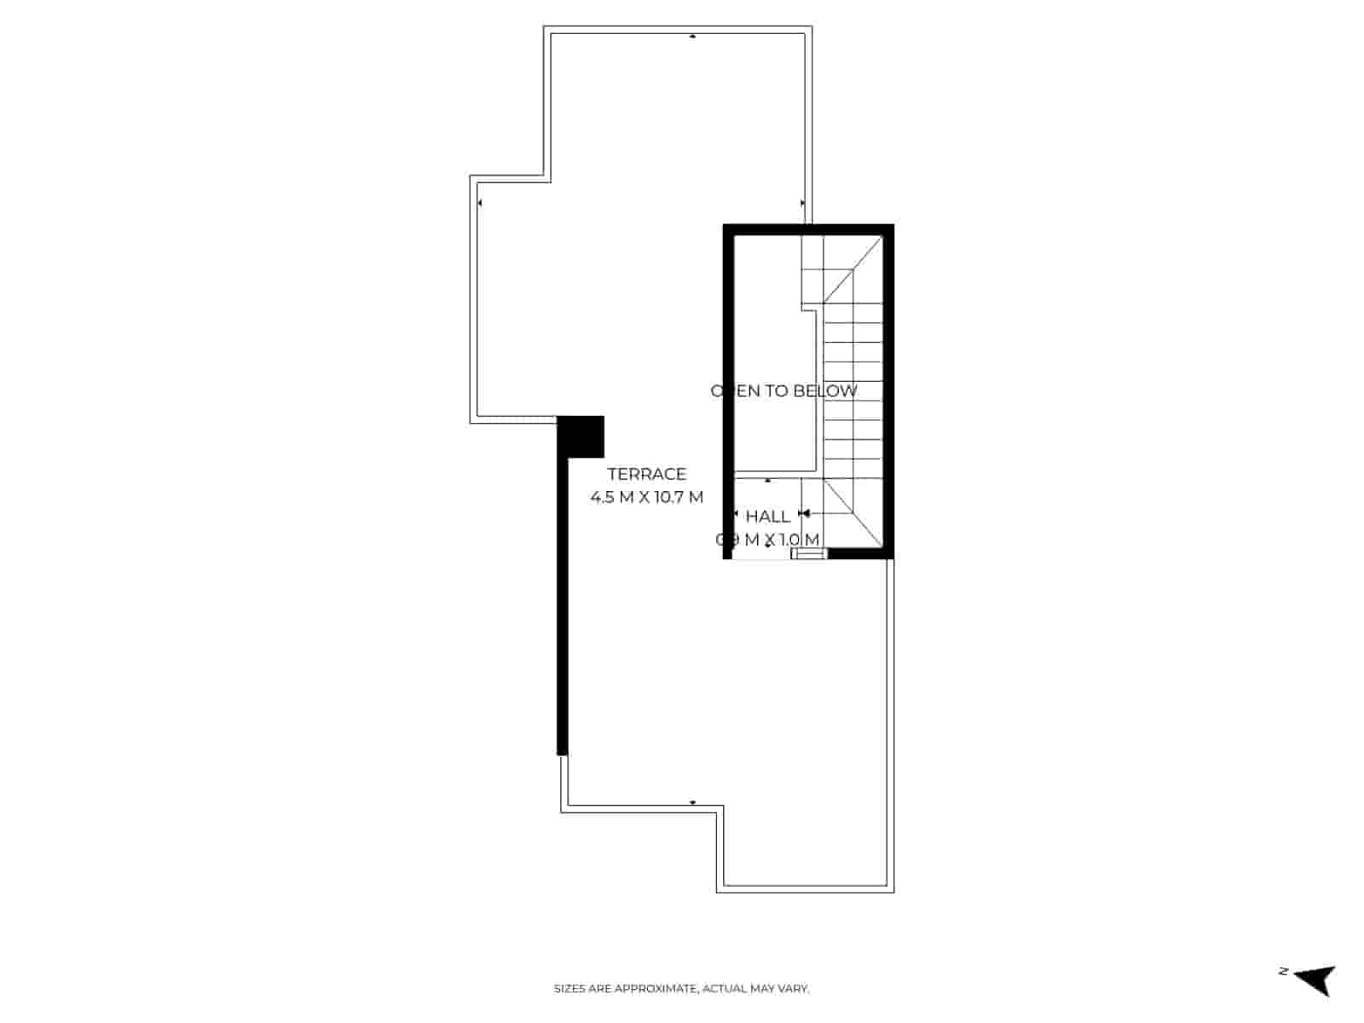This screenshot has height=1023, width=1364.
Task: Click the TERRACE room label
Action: (x=646, y=474)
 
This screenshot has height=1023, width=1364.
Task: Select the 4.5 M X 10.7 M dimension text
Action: (x=646, y=497)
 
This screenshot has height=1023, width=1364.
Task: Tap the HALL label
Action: (x=767, y=517)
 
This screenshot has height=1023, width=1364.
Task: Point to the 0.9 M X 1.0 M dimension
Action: (x=767, y=540)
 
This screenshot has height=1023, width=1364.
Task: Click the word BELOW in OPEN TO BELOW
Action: (x=825, y=391)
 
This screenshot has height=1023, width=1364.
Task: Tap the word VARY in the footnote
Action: (x=795, y=989)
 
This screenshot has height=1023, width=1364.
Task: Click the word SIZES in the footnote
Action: (x=569, y=989)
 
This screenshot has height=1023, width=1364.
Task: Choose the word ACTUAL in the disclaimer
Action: (x=724, y=989)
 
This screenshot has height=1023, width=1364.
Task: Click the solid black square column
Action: (x=581, y=436)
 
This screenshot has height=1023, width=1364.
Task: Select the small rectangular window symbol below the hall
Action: (x=809, y=554)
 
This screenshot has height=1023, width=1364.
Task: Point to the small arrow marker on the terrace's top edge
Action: (x=692, y=37)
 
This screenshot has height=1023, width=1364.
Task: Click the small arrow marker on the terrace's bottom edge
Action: (x=692, y=803)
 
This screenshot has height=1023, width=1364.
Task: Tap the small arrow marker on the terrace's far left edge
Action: (x=480, y=203)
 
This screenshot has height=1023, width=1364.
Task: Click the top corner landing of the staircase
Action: (x=852, y=269)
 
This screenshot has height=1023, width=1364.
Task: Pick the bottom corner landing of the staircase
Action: (x=852, y=511)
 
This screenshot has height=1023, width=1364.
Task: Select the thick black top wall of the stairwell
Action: (x=808, y=228)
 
